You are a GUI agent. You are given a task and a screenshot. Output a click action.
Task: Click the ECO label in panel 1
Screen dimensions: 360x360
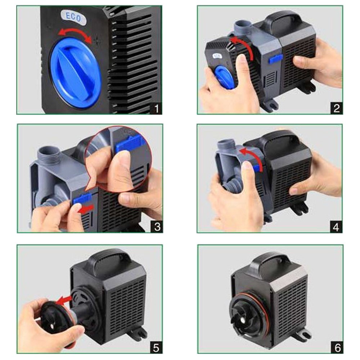click(73, 17)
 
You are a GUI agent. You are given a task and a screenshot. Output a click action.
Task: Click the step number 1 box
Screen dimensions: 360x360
click(156, 108)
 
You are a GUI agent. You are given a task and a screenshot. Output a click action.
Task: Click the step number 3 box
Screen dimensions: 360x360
click(157, 227)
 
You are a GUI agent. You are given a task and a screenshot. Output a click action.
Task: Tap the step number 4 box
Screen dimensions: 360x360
click(336, 227)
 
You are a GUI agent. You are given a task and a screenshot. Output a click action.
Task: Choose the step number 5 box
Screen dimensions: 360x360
click(156, 347)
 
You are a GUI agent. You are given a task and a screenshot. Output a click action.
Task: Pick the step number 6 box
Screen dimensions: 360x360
click(337, 347)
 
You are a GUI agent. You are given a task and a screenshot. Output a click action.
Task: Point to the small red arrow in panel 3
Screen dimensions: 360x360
click(86, 208)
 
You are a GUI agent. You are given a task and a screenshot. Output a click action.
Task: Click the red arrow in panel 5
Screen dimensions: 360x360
click(64, 300)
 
